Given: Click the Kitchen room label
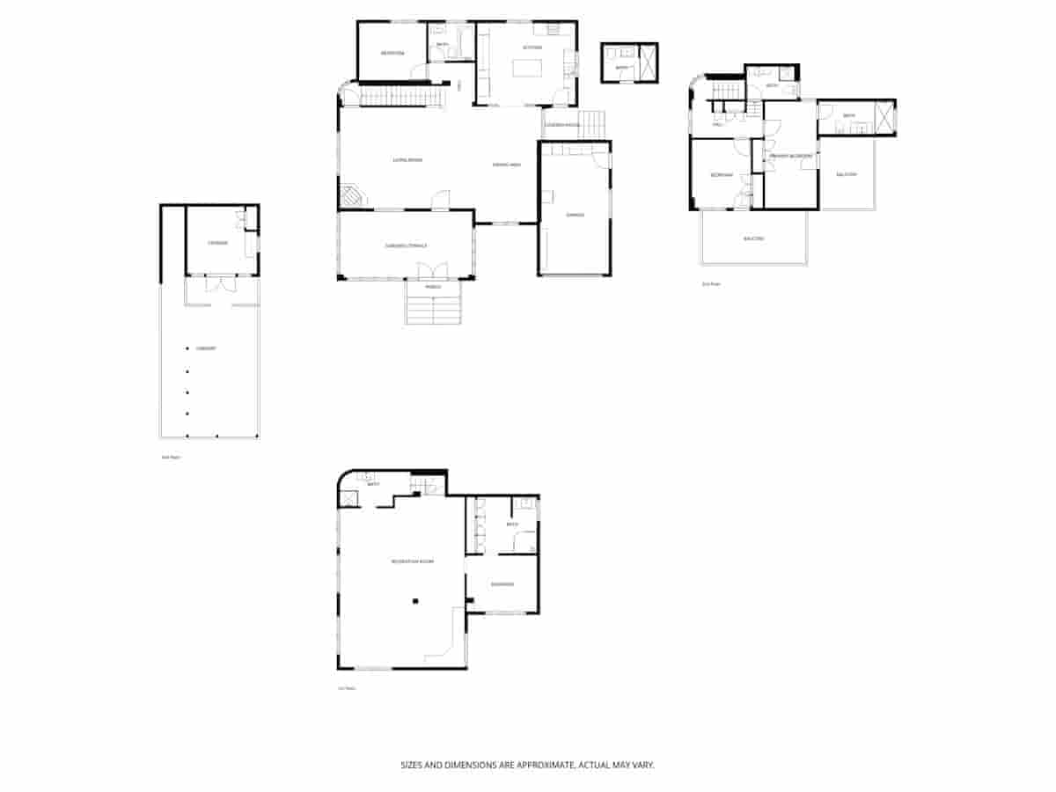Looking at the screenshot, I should pos(532,47).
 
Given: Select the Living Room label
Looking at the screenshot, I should pos(407,160).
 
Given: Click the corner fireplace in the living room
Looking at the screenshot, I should pos(351,195).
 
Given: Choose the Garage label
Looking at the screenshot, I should pos(576,215).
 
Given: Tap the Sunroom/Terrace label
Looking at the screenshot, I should pos(406,245).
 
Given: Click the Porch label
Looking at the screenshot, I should pos(432,287).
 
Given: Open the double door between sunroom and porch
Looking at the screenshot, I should pos(433,270).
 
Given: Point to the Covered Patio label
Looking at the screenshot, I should pos(561,125).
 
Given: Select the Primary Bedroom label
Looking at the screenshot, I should pos(789,156).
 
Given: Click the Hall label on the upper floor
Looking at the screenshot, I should pos(717,126).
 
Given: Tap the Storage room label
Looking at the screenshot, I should pos(217,243).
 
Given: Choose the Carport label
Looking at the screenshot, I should pos(207,348).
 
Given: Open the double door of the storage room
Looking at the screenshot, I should pos(220,284).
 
